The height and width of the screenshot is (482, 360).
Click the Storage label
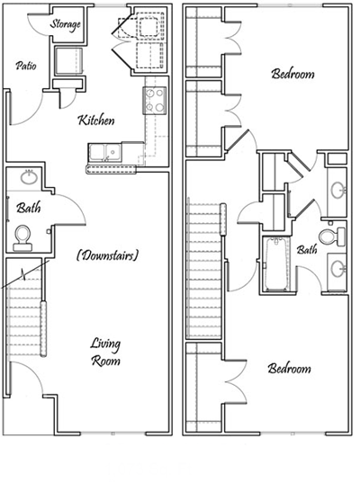[x=67, y=22]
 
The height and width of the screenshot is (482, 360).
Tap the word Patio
[x=25, y=67]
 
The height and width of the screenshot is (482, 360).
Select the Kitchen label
[x=96, y=120]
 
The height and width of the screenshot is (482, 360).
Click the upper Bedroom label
[x=292, y=75]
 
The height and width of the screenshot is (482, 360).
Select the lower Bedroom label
[x=289, y=370]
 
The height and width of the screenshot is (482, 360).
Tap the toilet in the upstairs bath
[x=337, y=236]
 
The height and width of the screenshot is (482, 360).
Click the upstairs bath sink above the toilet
[x=337, y=191]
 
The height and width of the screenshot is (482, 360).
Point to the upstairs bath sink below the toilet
[x=337, y=269]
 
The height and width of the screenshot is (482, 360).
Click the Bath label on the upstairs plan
[x=307, y=251]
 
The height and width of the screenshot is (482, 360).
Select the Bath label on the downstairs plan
[x=27, y=209]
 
